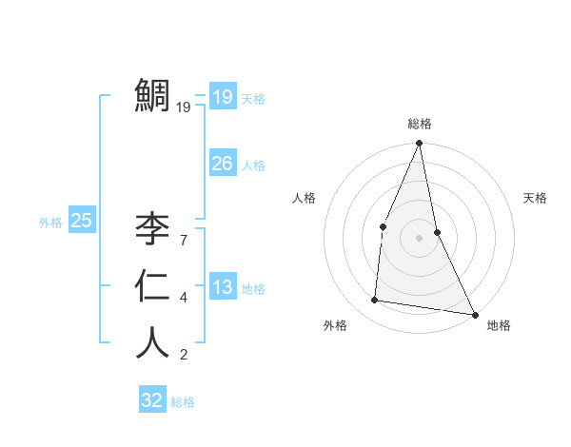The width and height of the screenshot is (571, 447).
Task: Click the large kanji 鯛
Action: pyautogui.click(x=153, y=95)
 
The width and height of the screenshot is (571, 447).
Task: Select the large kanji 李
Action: pyautogui.click(x=153, y=227)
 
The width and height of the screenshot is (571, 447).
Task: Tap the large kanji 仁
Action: pyautogui.click(x=153, y=286)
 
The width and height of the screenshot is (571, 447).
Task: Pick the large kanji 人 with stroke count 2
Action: pyautogui.click(x=153, y=343)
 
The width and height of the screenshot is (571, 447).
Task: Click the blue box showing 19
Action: pyautogui.click(x=223, y=97)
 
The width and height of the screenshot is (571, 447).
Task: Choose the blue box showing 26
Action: pyautogui.click(x=223, y=164)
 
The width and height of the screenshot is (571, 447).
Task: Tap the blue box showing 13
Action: pyautogui.click(x=223, y=287)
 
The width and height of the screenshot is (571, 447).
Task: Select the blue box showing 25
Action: pyautogui.click(x=81, y=221)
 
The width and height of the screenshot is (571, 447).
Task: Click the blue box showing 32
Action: pyautogui.click(x=152, y=400)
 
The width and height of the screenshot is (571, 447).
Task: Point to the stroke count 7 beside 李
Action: pyautogui.click(x=184, y=241)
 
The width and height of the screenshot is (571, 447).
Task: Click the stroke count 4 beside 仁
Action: pyautogui.click(x=184, y=299)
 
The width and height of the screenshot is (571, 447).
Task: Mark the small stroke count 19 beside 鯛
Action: pyautogui.click(x=184, y=107)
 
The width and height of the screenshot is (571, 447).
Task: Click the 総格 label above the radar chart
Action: pyautogui.click(x=420, y=125)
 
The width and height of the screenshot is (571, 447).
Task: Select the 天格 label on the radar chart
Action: pyautogui.click(x=536, y=198)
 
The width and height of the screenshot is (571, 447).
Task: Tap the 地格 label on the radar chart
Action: pyautogui.click(x=499, y=325)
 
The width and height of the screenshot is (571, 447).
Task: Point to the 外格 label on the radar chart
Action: pyautogui.click(x=335, y=325)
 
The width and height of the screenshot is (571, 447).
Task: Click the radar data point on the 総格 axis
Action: pyautogui.click(x=419, y=144)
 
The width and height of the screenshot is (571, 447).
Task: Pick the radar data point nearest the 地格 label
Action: pyautogui.click(x=474, y=314)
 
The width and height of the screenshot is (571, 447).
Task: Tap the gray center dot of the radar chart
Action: pyautogui.click(x=419, y=238)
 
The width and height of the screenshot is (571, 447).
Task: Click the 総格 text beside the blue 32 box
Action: pyautogui.click(x=183, y=402)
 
